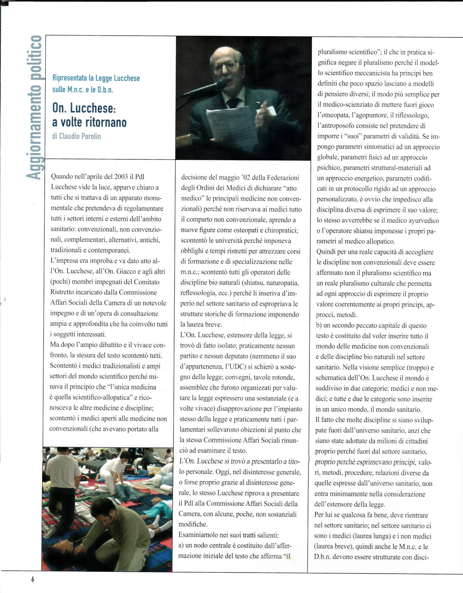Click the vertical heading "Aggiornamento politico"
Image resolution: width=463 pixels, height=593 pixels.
(35, 107)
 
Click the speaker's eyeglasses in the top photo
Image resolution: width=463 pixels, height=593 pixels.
(225, 66)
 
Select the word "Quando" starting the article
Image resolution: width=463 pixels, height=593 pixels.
(62, 177)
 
